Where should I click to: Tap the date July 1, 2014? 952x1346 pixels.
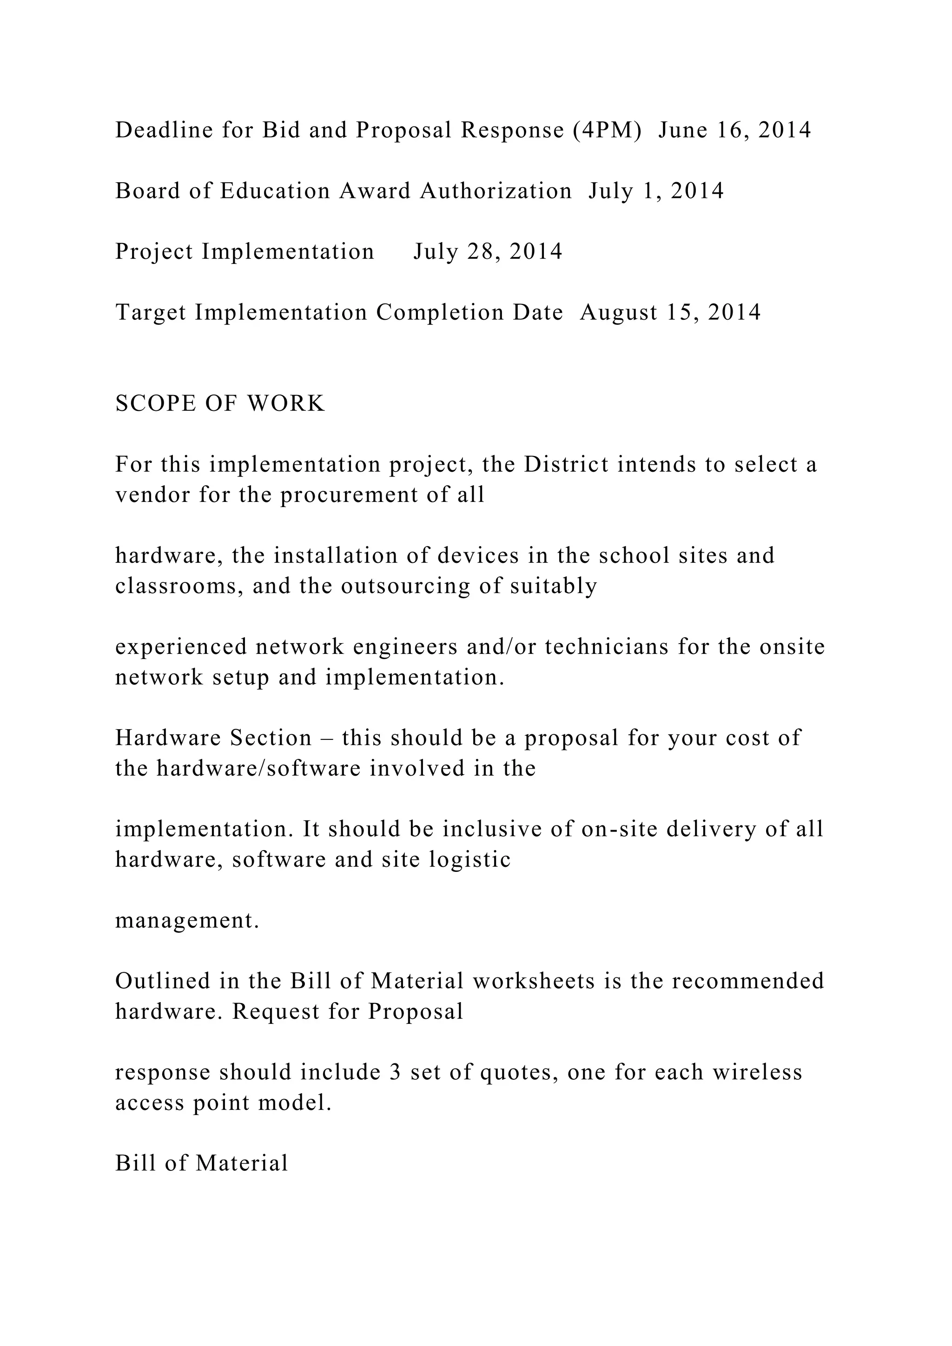(x=656, y=191)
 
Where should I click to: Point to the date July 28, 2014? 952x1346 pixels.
(x=488, y=252)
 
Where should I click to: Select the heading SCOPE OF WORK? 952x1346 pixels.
(x=220, y=404)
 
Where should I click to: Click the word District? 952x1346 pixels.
(x=566, y=465)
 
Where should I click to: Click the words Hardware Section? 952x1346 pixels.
(x=213, y=738)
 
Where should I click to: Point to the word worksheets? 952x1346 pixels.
(x=534, y=981)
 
